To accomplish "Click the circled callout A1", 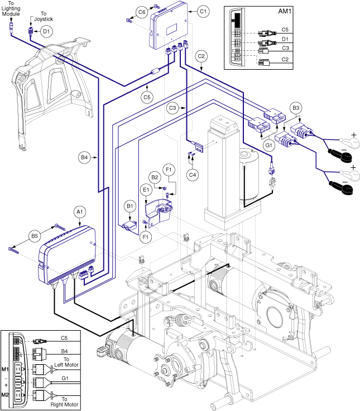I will point(79,212).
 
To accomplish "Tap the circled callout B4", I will point(84,158).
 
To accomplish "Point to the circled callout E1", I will point(147,190).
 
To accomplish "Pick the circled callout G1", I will point(268,146).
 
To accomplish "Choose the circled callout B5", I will point(35,235).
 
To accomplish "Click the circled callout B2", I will point(156,177).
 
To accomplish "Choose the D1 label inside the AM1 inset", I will point(285,40).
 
